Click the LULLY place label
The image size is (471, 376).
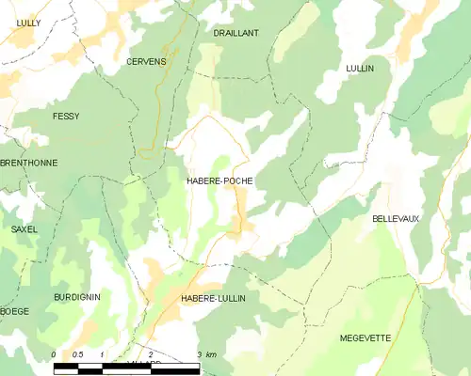[28, 21]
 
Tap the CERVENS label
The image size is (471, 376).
[146, 61]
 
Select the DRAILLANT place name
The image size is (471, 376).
[235, 32]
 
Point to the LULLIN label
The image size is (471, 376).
[360, 69]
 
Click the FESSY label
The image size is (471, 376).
[66, 116]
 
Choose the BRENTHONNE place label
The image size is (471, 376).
[28, 163]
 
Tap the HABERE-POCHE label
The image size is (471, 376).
[219, 180]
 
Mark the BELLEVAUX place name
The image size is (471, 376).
[396, 218]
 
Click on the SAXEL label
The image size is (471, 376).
[24, 229]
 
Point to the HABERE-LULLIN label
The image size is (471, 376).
[214, 298]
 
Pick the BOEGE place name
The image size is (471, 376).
[15, 311]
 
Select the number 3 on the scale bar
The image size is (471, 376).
[200, 354]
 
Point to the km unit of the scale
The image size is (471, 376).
[212, 354]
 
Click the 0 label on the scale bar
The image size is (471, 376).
[55, 354]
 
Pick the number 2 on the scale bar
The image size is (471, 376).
[151, 354]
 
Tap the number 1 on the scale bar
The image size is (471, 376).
[102, 354]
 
